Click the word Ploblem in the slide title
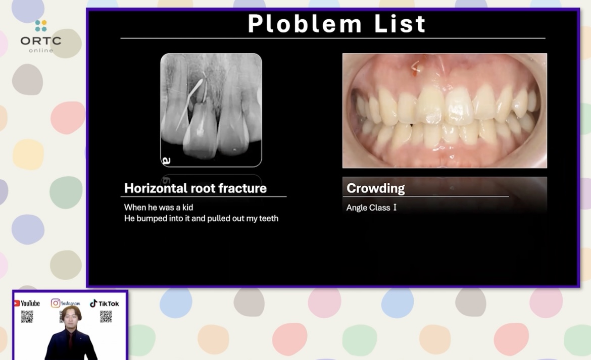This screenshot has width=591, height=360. (x=305, y=24)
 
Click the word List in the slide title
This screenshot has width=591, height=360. (x=400, y=24)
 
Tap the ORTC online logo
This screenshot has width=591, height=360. (x=41, y=36)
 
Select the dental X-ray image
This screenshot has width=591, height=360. (x=211, y=110)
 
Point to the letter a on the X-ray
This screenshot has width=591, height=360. (x=166, y=161)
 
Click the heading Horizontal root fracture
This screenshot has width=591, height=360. (x=195, y=188)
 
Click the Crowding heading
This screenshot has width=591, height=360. (x=375, y=188)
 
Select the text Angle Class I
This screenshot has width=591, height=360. (x=371, y=208)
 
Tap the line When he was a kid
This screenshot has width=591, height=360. (x=158, y=208)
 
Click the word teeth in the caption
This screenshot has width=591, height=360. (x=268, y=219)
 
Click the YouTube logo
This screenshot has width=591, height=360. (x=27, y=303)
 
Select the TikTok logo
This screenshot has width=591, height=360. (x=105, y=303)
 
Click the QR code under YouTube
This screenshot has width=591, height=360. (x=27, y=317)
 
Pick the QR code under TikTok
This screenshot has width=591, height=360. (x=106, y=317)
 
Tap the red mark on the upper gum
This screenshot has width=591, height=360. (x=416, y=67)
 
